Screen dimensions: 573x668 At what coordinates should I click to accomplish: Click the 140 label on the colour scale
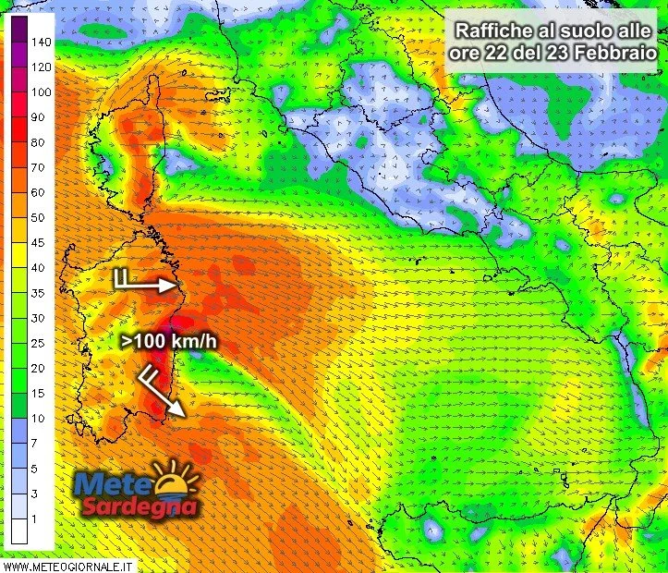(x=40, y=43)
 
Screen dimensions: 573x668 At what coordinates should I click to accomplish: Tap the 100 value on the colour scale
(x=40, y=92)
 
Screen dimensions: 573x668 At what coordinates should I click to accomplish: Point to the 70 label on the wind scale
(x=38, y=168)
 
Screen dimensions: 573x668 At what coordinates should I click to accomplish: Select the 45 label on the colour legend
(x=38, y=243)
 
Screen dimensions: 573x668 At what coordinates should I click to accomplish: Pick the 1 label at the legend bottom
(x=34, y=519)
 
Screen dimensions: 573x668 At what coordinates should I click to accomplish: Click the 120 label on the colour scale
(x=40, y=67)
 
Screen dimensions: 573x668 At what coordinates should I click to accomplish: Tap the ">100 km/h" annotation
(x=169, y=342)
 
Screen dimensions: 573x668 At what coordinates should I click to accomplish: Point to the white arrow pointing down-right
(x=163, y=392)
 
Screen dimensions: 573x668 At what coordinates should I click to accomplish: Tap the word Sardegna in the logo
(x=139, y=506)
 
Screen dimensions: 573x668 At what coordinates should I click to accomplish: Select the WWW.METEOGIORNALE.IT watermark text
(x=69, y=564)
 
